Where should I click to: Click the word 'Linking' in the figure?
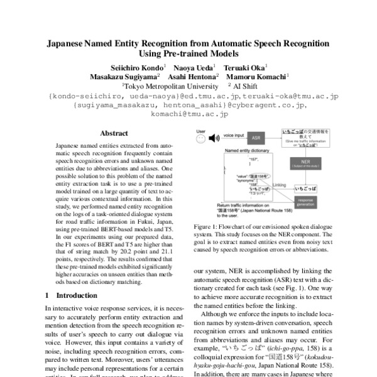pyautogui.click(x=280, y=185)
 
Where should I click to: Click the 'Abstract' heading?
pyautogui.click(x=114, y=133)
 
